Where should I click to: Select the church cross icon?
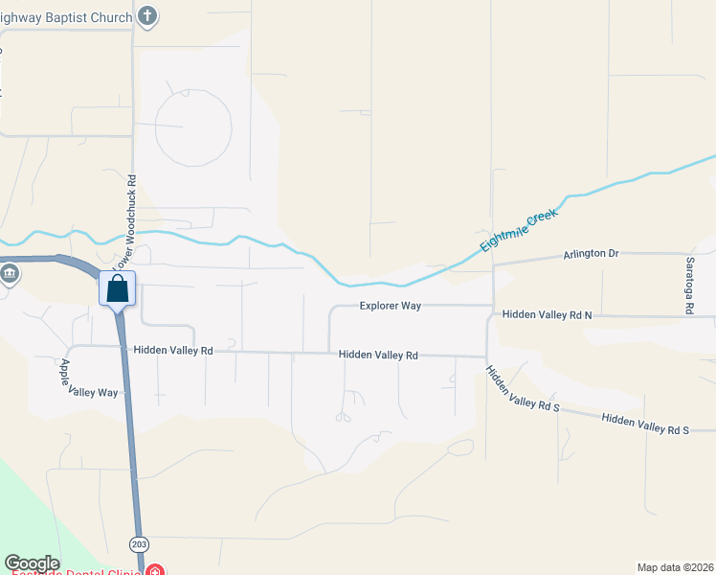point(146,15)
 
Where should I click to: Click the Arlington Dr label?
point(591,253)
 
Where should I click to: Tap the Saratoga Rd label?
point(689,285)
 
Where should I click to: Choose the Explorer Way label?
point(391,306)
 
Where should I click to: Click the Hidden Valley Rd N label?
point(548,314)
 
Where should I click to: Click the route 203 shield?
point(140,543)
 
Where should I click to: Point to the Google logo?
point(32,563)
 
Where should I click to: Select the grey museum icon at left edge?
point(10,274)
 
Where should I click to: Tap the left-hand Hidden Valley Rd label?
point(173,351)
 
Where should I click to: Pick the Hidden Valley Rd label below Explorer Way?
point(379,355)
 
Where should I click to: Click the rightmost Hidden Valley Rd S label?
point(645,425)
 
